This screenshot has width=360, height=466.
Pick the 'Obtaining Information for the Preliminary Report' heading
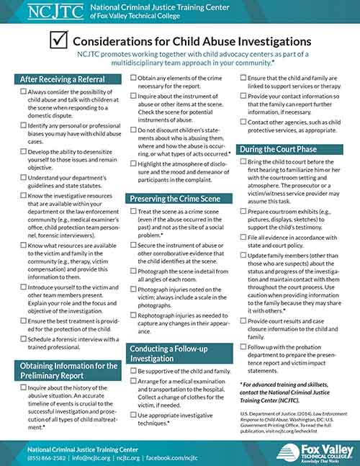click(69, 371)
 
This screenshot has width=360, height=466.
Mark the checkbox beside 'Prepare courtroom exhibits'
click(243, 212)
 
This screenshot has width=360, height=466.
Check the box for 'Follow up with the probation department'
click(243, 348)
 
